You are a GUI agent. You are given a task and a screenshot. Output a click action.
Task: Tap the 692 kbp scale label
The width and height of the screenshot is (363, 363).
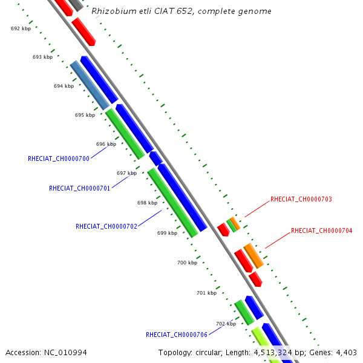tap(21, 28)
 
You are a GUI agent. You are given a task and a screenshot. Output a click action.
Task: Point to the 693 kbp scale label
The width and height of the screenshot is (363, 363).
tap(42, 57)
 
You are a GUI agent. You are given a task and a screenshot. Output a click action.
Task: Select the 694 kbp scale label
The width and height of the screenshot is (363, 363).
tap(64, 86)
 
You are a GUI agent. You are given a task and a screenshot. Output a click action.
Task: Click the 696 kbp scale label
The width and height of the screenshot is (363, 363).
tap(106, 144)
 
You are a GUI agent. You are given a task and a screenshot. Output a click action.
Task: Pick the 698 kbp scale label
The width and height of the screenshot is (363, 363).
tap(147, 203)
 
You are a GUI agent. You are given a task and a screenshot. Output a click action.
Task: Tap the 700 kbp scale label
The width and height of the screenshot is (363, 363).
tap(187, 263)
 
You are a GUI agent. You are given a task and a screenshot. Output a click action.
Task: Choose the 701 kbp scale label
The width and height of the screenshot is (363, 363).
tap(206, 293)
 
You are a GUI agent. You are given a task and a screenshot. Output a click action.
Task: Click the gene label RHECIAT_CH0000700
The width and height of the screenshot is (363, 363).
tap(59, 159)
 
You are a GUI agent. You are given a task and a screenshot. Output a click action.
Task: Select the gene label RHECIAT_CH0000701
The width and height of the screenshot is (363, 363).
tap(79, 188)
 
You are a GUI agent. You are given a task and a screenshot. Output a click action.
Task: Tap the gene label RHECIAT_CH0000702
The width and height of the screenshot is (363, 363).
tap(106, 226)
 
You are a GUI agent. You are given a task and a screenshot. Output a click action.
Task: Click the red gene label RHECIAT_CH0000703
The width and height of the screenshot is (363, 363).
tap(301, 199)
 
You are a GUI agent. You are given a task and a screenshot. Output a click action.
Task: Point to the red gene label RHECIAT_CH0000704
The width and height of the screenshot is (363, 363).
tap(321, 231)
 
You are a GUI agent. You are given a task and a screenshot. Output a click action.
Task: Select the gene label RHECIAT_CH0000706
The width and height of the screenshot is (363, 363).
tap(177, 335)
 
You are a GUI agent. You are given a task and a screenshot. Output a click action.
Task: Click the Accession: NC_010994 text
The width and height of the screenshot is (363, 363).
tap(38, 352)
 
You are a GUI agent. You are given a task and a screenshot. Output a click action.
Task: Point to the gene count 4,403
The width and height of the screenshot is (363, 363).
tap(345, 352)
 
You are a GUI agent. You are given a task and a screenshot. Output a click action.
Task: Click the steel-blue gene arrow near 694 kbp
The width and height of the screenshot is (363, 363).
tap(90, 85)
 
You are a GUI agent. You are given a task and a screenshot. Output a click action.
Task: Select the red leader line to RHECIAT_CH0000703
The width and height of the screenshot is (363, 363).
tap(257, 208)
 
